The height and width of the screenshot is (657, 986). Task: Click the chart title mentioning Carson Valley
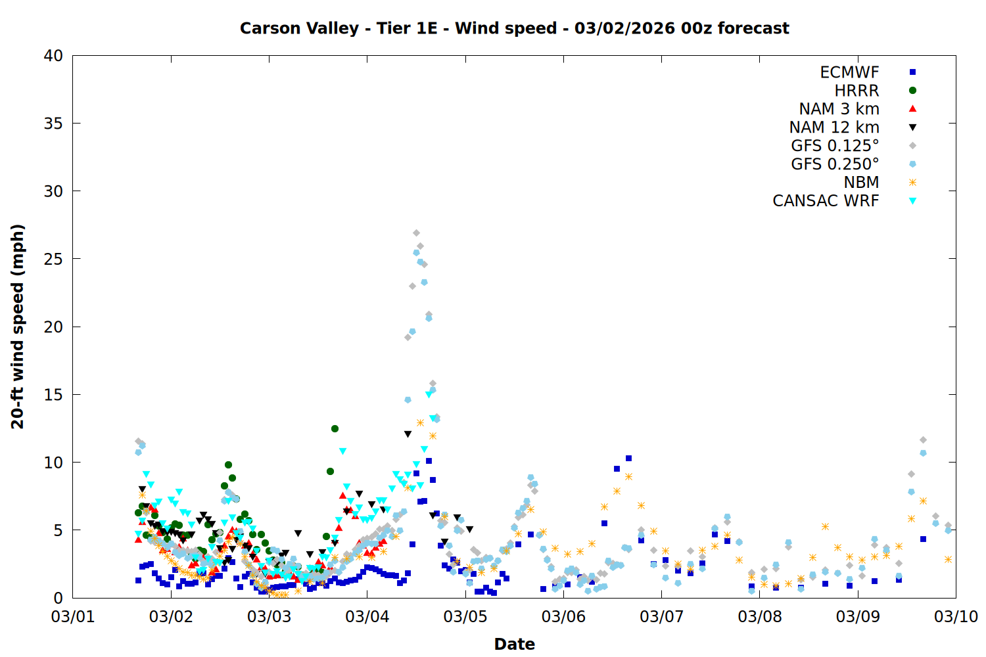tap(514, 28)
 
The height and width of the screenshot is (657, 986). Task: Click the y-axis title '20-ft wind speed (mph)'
tap(18, 327)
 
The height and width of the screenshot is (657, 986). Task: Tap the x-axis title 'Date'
tap(514, 644)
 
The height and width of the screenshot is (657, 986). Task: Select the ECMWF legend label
tap(849, 72)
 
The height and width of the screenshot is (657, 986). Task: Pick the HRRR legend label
tap(857, 91)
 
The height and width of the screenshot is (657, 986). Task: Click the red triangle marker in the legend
tap(912, 109)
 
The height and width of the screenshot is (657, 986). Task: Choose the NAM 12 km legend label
tap(834, 127)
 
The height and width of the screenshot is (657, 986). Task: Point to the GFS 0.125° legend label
tap(835, 146)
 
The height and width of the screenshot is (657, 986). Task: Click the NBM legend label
tap(861, 183)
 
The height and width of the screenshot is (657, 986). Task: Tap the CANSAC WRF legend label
tap(826, 201)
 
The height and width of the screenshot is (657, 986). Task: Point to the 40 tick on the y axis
tap(54, 56)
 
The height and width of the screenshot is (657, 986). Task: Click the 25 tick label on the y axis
tap(54, 259)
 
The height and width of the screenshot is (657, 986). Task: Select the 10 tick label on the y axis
tap(54, 463)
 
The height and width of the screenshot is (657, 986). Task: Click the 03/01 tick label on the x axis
tap(72, 617)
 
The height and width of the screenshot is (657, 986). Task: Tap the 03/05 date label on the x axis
tap(465, 617)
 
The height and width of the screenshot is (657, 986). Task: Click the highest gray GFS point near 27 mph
tap(416, 233)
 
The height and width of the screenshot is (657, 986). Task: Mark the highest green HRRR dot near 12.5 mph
tap(335, 428)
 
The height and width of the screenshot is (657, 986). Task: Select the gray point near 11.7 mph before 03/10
tap(923, 440)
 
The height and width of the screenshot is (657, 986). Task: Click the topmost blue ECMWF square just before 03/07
tap(628, 458)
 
